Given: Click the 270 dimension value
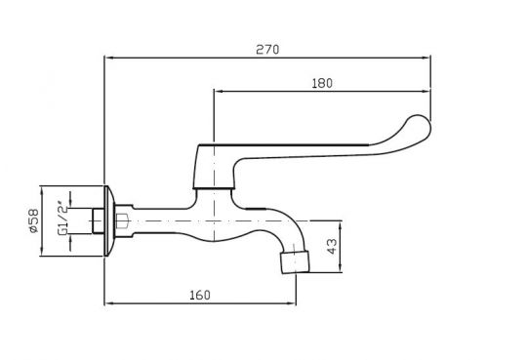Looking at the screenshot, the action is [x=267, y=50].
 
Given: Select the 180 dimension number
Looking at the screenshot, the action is [x=322, y=83].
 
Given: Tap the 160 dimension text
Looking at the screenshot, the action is [x=200, y=296].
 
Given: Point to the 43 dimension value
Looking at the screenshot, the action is [x=332, y=246].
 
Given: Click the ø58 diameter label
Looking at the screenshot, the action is [x=34, y=220].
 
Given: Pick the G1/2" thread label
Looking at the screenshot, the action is [x=62, y=219].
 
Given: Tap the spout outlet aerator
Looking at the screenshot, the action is [x=295, y=261].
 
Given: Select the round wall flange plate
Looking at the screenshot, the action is [x=109, y=220].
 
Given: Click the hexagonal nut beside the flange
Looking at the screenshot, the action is [x=122, y=220].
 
